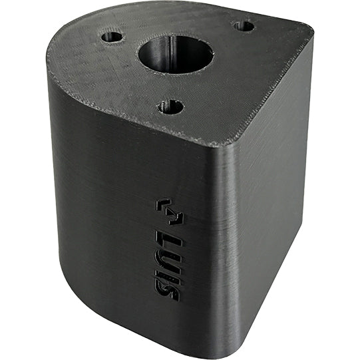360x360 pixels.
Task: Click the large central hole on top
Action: pos(176,55)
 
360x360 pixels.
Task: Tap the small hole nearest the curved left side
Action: pos(112,37)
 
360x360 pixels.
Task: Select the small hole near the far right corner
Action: pos(244,26)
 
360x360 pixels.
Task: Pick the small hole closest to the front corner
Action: pos(171,106)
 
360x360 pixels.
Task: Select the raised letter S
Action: pos(166,291)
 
